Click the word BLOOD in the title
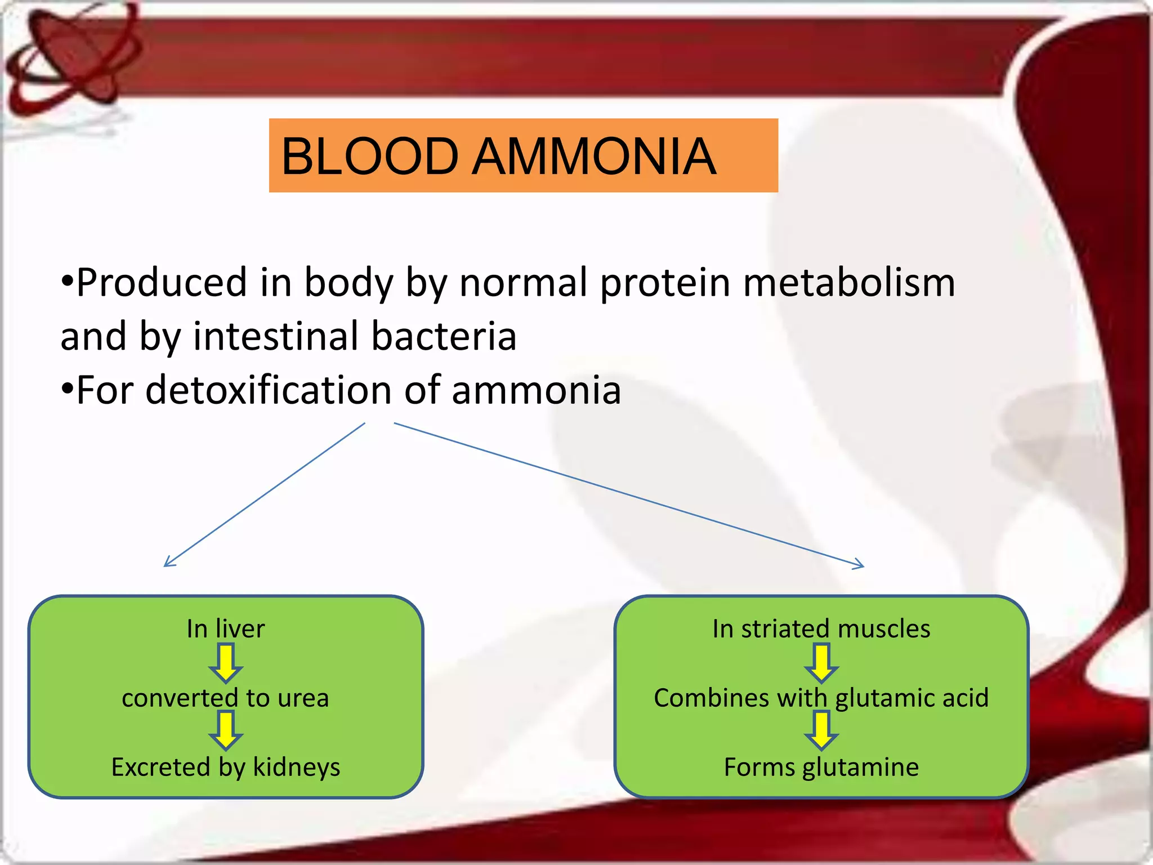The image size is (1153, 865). pyautogui.click(x=370, y=157)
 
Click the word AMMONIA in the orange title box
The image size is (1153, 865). pyautogui.click(x=594, y=157)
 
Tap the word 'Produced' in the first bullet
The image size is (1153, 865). pyautogui.click(x=161, y=282)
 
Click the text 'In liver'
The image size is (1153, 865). pyautogui.click(x=225, y=628)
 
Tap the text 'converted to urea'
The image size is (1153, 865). pyautogui.click(x=225, y=698)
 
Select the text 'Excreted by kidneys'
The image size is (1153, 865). pyautogui.click(x=225, y=767)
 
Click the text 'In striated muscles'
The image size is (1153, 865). pyautogui.click(x=821, y=628)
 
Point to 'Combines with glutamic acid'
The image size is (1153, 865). pyautogui.click(x=821, y=698)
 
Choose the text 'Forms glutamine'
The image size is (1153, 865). pyautogui.click(x=821, y=767)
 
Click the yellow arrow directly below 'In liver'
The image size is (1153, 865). pyautogui.click(x=226, y=663)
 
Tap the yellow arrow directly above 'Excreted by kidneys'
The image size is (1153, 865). pyautogui.click(x=226, y=730)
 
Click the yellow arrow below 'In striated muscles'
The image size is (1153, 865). pyautogui.click(x=821, y=663)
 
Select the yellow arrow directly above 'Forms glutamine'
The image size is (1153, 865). pyautogui.click(x=821, y=730)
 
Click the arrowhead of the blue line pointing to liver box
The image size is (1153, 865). pyautogui.click(x=167, y=563)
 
